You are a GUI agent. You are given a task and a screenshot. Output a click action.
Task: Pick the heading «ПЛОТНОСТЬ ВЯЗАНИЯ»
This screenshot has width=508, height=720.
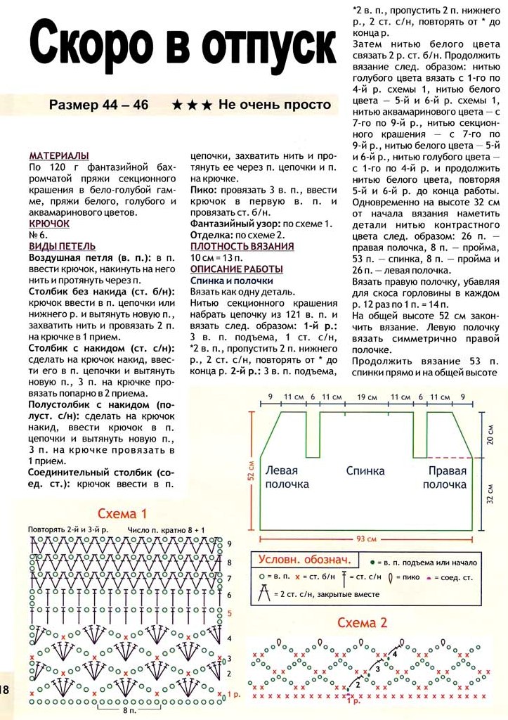(242, 246)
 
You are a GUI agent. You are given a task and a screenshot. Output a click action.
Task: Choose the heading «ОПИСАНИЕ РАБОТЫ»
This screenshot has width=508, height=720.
(236, 269)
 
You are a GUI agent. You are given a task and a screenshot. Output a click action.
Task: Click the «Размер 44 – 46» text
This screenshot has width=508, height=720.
(98, 105)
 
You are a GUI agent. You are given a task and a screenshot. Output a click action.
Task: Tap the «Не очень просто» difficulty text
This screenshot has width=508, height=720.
(274, 105)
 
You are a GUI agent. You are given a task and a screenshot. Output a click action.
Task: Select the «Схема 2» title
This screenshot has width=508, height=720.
(363, 623)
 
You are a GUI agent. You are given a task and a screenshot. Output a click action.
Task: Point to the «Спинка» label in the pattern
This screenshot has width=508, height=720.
(365, 470)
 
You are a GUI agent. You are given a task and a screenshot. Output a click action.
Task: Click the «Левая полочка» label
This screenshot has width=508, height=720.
(287, 477)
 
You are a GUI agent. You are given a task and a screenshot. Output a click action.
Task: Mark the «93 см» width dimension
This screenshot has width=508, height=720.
(366, 539)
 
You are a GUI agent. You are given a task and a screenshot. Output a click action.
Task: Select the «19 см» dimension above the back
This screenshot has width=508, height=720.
(366, 397)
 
